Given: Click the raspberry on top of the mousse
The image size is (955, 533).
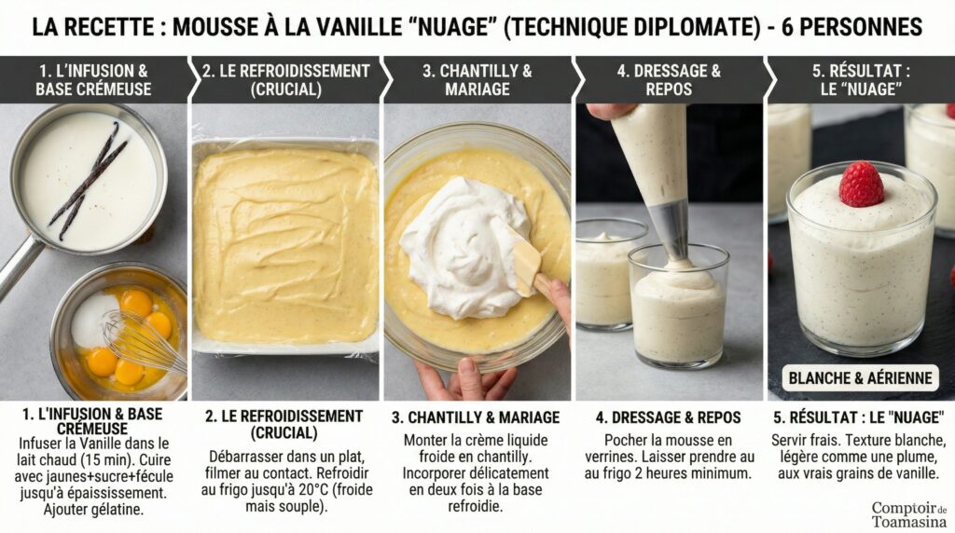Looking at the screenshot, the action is click(x=861, y=184).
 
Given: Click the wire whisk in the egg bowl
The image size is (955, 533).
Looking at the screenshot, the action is click(x=144, y=342).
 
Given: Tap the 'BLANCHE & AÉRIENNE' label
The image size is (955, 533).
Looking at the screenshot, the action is click(x=860, y=377).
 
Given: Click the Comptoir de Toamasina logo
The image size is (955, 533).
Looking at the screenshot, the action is click(x=908, y=514).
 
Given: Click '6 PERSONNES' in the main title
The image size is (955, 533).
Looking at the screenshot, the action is click(x=852, y=27).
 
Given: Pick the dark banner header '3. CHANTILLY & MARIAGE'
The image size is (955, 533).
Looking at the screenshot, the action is click(x=477, y=80).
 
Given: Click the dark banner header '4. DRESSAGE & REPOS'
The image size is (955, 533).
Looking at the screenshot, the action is click(x=669, y=80).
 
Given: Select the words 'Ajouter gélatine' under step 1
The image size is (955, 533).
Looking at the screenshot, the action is click(x=93, y=510).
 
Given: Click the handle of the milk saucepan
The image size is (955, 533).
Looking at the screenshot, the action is click(x=16, y=266).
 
